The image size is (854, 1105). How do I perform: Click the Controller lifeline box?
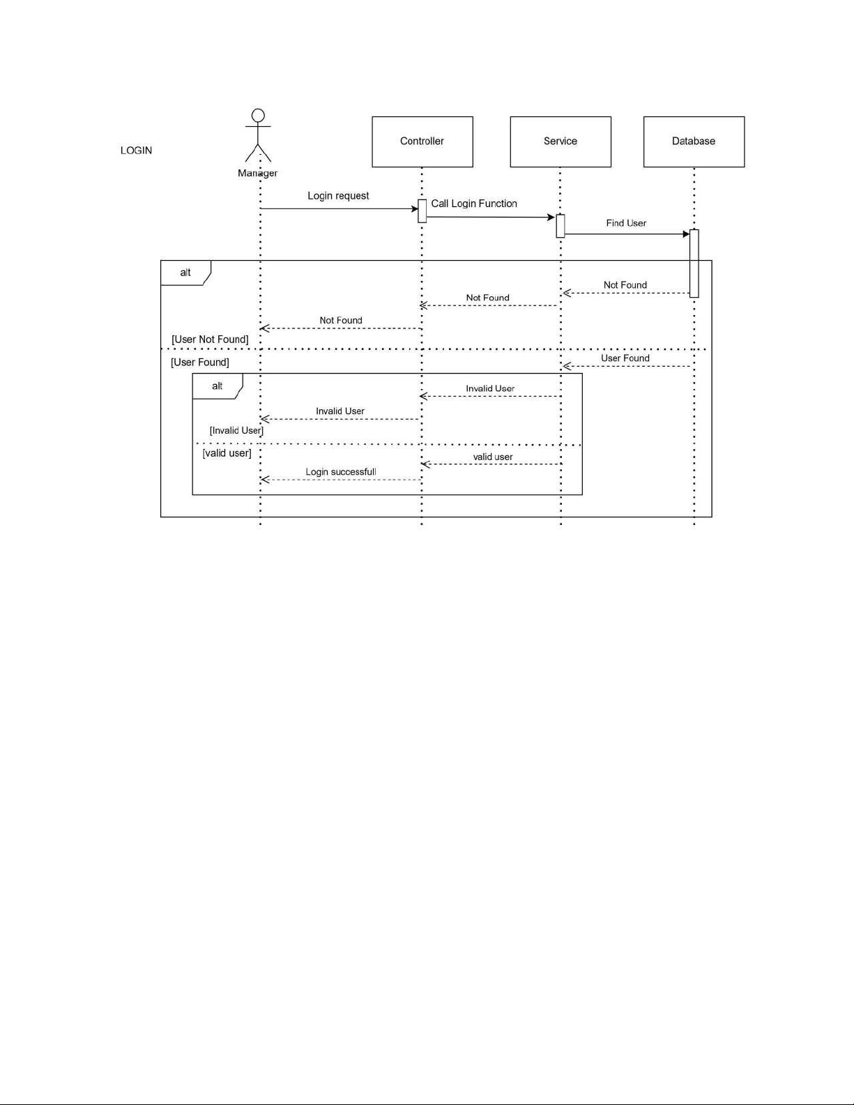(422, 142)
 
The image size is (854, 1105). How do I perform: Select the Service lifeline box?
(561, 142)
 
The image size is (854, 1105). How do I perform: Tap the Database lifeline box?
(694, 142)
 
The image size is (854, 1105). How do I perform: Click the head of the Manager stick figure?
(258, 116)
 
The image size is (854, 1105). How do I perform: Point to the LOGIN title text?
(136, 151)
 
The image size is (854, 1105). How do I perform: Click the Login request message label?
(338, 196)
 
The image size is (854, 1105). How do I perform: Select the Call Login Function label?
(474, 204)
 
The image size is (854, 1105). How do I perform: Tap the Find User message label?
(626, 223)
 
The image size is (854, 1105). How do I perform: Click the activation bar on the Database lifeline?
(694, 264)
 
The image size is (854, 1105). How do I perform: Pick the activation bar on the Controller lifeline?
(422, 211)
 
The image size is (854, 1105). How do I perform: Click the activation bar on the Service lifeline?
(561, 227)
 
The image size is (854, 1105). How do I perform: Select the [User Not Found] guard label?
(210, 340)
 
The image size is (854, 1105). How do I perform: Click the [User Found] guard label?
(200, 362)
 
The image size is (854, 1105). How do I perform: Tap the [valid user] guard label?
(227, 453)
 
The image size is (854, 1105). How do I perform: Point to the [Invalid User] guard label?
(236, 430)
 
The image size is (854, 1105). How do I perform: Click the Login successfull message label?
(341, 472)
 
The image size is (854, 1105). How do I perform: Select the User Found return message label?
(625, 358)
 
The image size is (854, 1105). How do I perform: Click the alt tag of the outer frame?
(185, 273)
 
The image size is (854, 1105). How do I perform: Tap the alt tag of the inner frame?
(217, 386)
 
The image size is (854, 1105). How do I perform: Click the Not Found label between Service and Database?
(625, 285)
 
